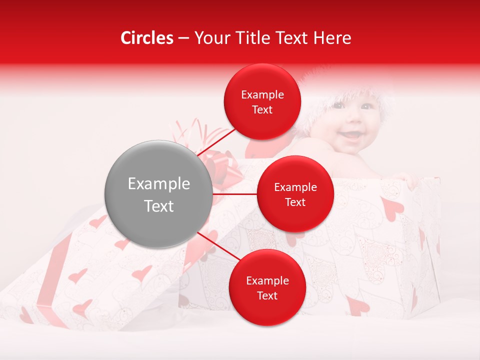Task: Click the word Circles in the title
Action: coord(146,38)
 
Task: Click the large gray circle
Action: coord(158,194)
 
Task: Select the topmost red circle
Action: coord(262,101)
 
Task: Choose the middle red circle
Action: coord(295,194)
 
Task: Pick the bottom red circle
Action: coord(267,287)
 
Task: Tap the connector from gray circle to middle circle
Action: coord(234,194)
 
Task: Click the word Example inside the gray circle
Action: coord(158,184)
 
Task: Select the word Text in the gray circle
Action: coord(158,206)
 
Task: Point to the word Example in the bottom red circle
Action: coord(267,281)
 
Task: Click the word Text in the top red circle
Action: coord(262,110)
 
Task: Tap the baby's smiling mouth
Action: coord(352,135)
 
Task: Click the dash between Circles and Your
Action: coord(183,38)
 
